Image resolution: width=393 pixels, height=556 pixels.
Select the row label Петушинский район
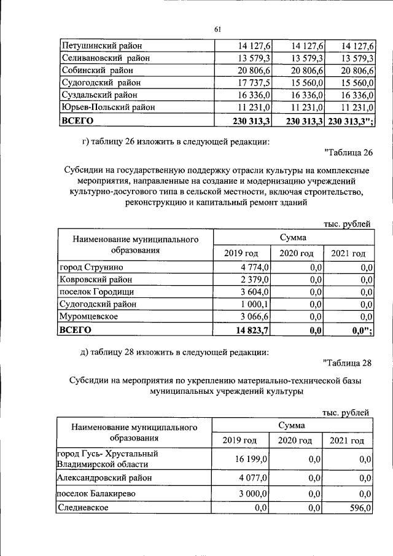102,45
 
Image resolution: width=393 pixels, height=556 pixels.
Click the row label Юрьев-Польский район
107,107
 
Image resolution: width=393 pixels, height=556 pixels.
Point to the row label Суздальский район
99,95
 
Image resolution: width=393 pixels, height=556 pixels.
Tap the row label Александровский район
104,477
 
